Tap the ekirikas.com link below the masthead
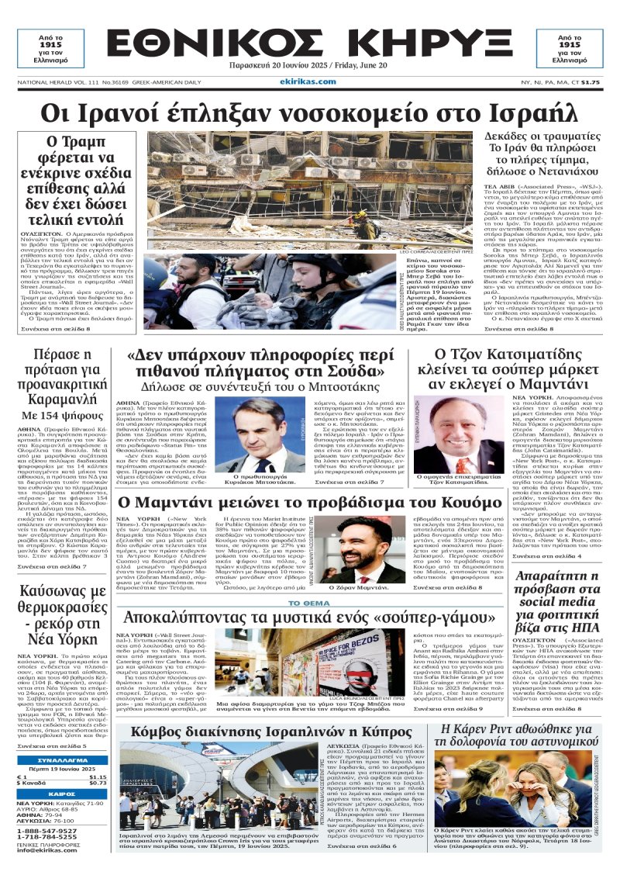click(310, 81)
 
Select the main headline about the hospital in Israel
click(310, 113)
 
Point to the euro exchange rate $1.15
click(98, 777)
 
